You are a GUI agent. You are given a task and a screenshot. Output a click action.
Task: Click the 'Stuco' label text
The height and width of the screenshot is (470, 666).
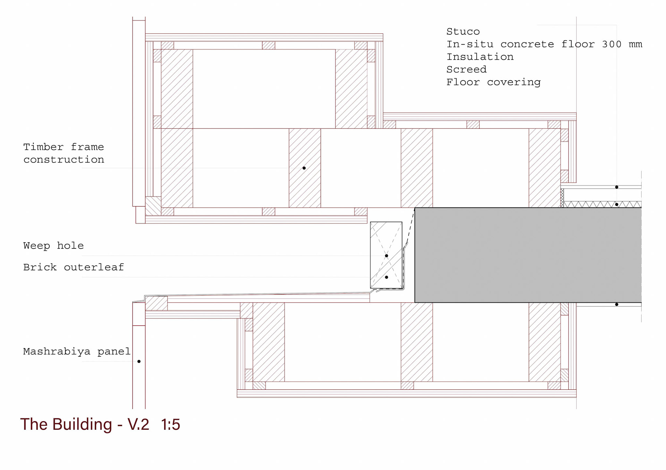(x=463, y=32)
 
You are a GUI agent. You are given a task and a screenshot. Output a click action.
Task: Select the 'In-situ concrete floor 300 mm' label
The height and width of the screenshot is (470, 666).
(x=544, y=44)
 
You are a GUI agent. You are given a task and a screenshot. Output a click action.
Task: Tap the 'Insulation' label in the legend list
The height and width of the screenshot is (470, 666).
(x=480, y=57)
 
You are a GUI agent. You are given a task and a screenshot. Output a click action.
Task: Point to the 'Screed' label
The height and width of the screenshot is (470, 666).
(x=466, y=69)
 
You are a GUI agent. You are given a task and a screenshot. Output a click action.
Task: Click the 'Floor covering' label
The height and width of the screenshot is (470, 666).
(x=493, y=82)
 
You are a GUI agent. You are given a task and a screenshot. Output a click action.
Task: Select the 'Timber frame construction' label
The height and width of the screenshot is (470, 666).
(x=63, y=153)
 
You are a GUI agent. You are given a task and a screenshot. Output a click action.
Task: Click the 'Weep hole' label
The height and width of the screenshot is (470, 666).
(x=53, y=246)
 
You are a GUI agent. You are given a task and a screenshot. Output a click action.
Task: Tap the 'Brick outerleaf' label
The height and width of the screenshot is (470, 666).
(x=73, y=267)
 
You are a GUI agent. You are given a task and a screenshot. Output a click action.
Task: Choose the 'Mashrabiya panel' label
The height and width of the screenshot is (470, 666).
(x=77, y=352)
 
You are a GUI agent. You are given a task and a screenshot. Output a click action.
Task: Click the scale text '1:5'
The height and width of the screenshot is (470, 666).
(x=170, y=425)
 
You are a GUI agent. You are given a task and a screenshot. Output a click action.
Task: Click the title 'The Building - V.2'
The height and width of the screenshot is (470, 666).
(x=85, y=424)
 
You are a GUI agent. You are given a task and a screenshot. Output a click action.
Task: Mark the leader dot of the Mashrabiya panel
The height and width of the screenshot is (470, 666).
(x=139, y=361)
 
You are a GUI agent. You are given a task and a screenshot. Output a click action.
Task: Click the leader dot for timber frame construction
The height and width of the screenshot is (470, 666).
(x=304, y=168)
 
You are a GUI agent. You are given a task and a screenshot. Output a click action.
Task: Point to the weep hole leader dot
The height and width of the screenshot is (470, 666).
(x=386, y=256)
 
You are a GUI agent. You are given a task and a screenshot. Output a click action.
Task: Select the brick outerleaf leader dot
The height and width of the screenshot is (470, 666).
(x=386, y=277)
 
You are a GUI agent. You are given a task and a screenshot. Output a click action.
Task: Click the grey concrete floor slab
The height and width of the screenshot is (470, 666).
(x=528, y=255)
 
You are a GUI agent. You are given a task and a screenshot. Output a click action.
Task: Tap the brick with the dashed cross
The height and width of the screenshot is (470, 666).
(x=386, y=255)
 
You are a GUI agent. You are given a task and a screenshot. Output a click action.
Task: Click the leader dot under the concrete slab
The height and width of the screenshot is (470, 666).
(x=616, y=304)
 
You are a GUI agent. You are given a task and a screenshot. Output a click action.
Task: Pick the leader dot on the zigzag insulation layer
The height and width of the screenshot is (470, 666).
(x=616, y=204)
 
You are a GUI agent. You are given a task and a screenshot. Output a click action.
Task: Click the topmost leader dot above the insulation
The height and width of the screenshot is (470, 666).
(x=616, y=187)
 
